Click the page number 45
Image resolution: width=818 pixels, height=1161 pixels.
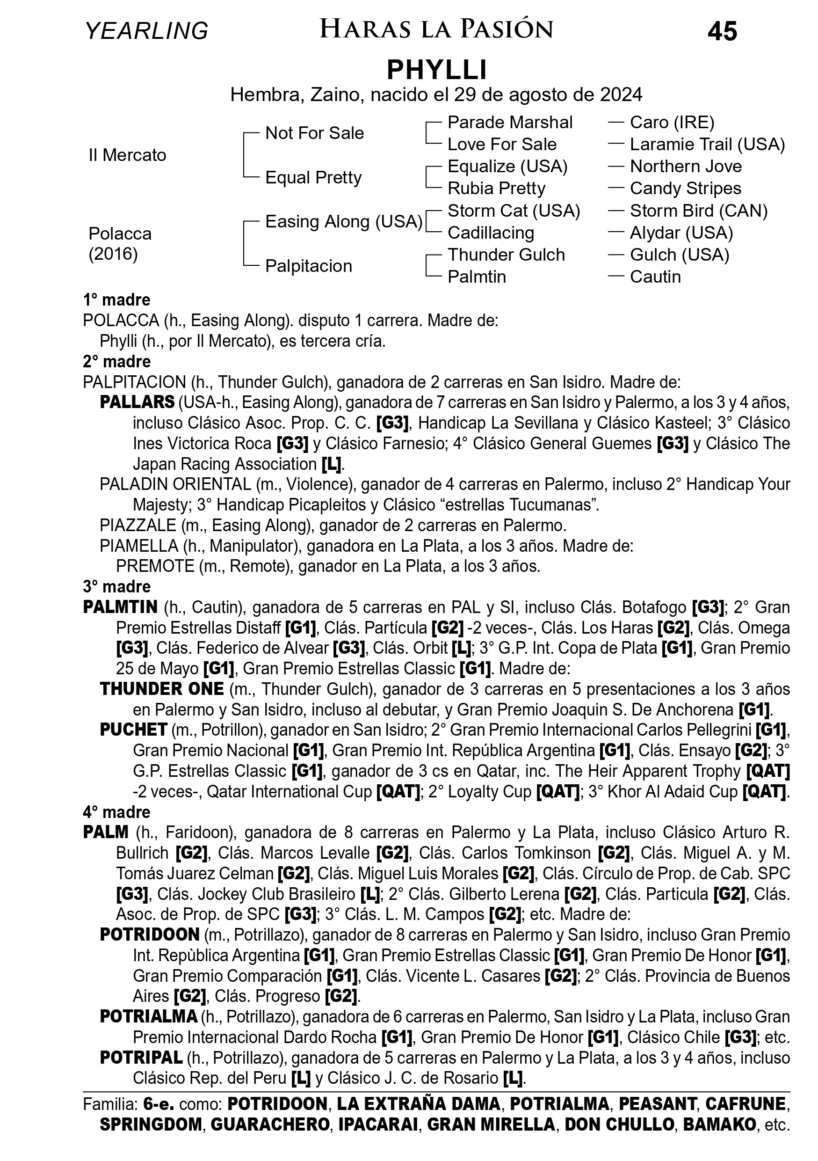coord(722,32)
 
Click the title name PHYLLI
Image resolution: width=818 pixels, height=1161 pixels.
coord(436,70)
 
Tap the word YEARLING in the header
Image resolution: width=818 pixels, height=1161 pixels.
coord(146,31)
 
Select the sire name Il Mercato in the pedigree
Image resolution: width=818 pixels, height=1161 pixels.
coord(127,155)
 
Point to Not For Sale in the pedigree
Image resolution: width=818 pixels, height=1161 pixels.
coord(314,133)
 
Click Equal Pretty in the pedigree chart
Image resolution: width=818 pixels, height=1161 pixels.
coord(313,177)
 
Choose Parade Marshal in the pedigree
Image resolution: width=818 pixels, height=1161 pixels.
coord(510,122)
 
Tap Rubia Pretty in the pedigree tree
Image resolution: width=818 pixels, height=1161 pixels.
coord(496,189)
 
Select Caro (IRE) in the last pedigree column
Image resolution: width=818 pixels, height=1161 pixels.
coord(672,122)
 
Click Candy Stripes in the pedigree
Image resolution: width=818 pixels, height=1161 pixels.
coord(685,189)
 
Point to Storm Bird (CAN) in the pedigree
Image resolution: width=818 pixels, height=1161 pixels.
coord(698,211)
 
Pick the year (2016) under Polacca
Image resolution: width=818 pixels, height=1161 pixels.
coord(113,254)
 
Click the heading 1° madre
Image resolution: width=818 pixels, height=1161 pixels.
coord(117,300)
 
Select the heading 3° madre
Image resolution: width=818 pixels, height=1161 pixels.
coord(117,586)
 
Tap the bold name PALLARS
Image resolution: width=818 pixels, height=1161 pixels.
coord(137,402)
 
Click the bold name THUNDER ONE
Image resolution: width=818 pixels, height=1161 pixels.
coord(162,689)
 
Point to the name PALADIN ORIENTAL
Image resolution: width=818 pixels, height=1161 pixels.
coord(175,484)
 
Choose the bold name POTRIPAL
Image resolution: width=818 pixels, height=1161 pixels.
coord(141,1057)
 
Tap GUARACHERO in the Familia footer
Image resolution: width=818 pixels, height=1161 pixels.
coord(270,1124)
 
